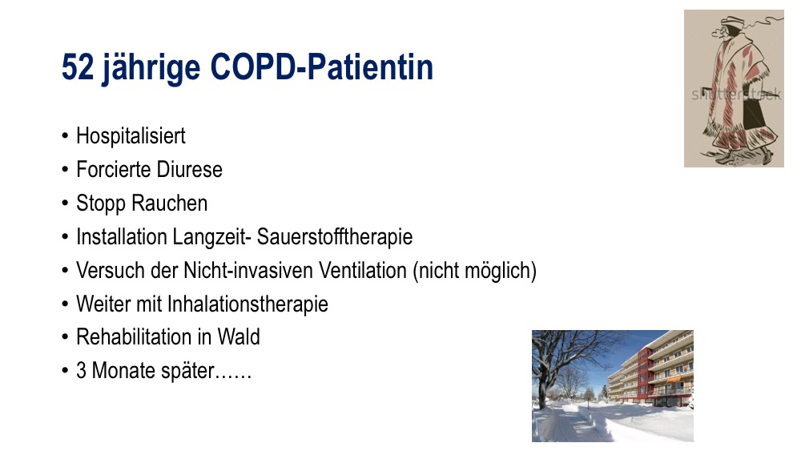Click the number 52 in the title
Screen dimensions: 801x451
tap(78, 67)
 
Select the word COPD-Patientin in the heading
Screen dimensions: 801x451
tap(321, 67)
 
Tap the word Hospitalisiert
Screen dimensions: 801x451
tap(131, 136)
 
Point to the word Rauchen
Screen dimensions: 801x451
tap(170, 203)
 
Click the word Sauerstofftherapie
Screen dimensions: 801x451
tap(335, 237)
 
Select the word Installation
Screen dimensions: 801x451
tap(122, 237)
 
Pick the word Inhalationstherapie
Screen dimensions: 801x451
tap(248, 304)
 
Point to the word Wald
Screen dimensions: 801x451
tap(239, 337)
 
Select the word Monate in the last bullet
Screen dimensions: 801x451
tap(123, 370)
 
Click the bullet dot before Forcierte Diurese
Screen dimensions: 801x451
tap(65, 170)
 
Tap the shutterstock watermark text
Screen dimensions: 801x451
tap(736, 95)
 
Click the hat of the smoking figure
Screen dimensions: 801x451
tap(731, 21)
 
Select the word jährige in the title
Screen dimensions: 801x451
tap(151, 68)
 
